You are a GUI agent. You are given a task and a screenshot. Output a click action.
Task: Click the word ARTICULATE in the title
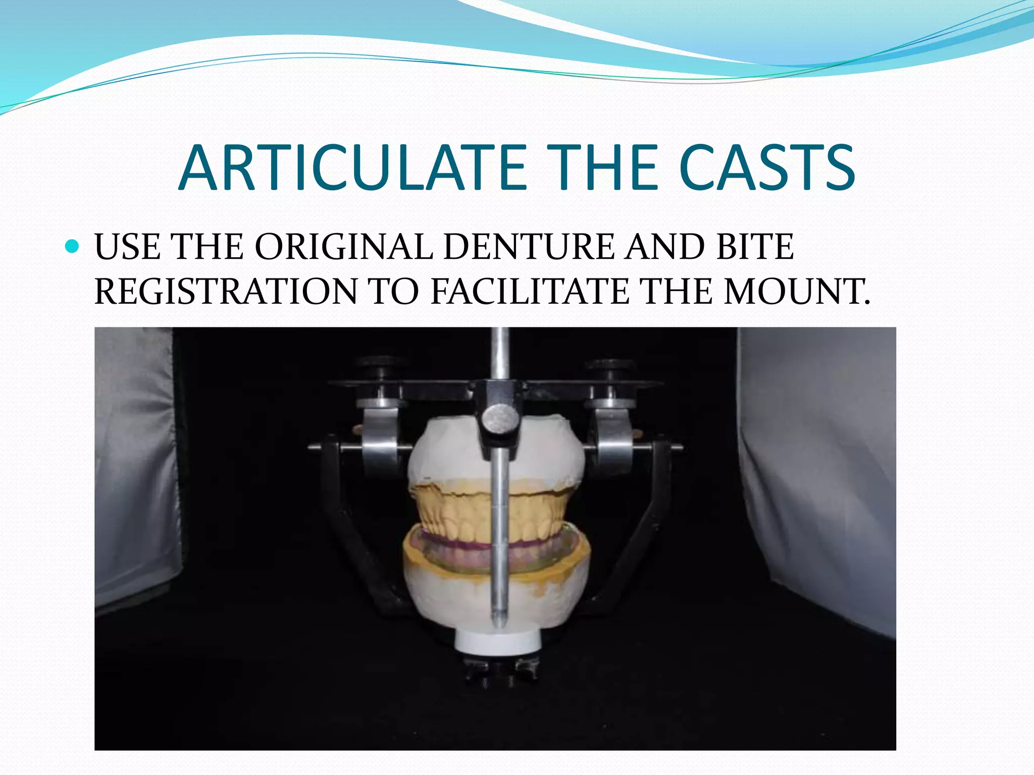tap(352, 168)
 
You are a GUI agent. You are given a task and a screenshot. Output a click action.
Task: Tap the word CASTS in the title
tap(767, 168)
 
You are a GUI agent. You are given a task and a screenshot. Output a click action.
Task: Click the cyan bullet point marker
tap(73, 247)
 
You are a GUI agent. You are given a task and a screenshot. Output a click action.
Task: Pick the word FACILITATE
tap(530, 292)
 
